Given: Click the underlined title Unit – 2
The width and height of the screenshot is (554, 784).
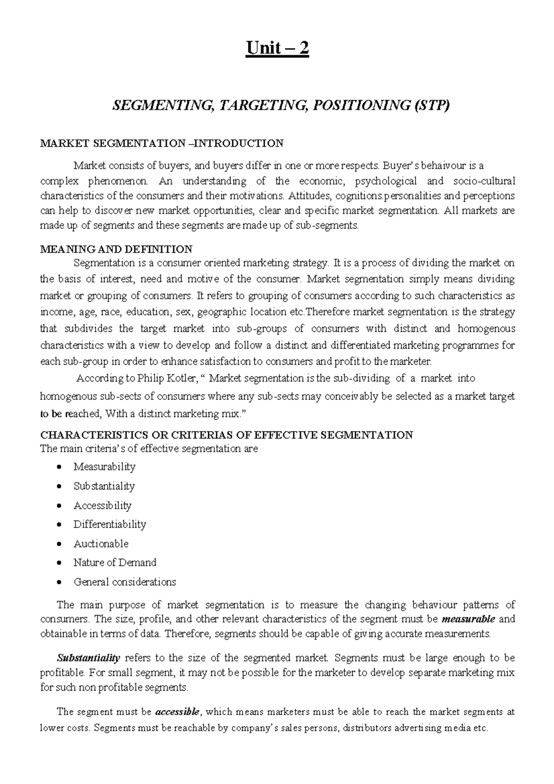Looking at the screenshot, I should point(277,48).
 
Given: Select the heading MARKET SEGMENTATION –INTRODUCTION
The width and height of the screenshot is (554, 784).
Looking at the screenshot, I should point(162,143).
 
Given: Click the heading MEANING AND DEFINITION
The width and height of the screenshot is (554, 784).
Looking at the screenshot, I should point(116,250).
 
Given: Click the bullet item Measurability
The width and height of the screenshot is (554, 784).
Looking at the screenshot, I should point(104,467).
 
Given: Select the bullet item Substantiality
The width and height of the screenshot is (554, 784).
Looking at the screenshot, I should point(104,486).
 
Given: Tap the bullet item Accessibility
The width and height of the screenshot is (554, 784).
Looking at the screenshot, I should point(102,506).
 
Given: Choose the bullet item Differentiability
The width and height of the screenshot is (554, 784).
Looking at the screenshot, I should point(110,525).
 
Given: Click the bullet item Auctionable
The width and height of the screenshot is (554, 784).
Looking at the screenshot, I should point(101,544).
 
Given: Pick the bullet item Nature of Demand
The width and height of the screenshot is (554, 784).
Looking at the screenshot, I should point(115,563).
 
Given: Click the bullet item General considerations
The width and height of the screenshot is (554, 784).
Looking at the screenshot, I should point(125,582).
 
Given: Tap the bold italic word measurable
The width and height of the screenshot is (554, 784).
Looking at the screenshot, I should point(468,619).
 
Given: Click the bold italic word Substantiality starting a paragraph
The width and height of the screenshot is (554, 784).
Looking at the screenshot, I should point(88,657).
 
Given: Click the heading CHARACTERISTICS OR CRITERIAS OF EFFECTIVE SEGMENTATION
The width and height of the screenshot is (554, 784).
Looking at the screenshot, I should point(227,435).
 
